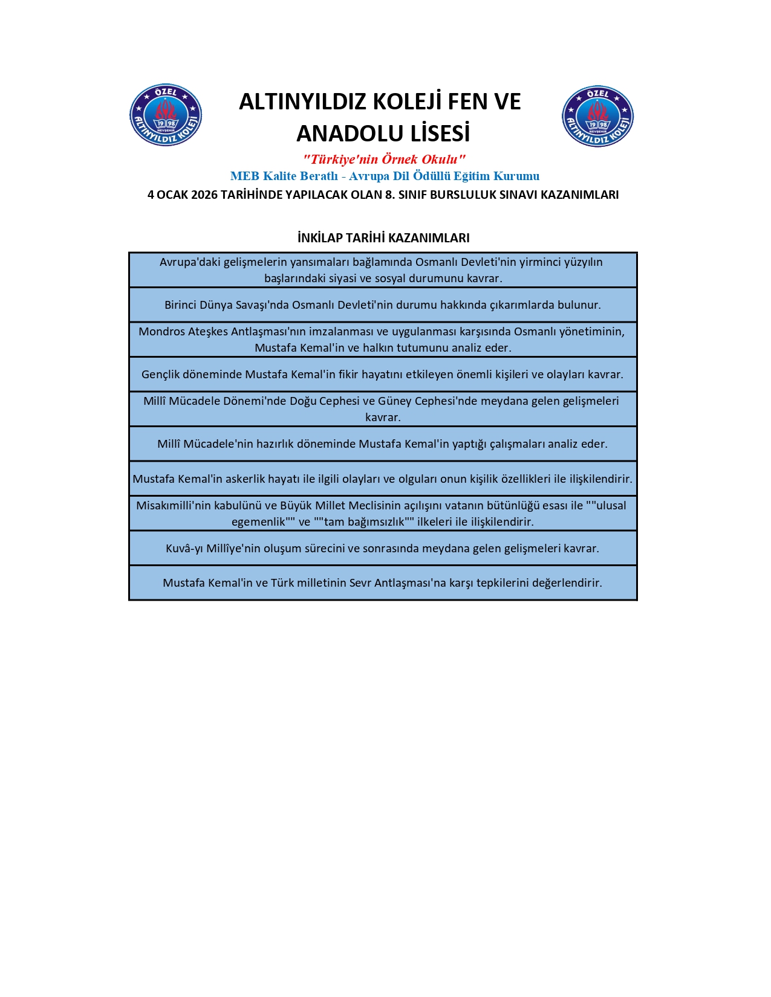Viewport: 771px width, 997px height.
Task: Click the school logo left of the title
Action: tap(166, 115)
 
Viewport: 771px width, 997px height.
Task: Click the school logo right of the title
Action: tap(597, 116)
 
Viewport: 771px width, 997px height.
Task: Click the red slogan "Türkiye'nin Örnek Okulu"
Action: tap(384, 160)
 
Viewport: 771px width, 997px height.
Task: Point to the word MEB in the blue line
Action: tap(244, 176)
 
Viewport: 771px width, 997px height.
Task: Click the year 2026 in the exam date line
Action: tap(204, 195)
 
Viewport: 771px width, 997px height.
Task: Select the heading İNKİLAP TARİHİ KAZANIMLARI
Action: tap(383, 238)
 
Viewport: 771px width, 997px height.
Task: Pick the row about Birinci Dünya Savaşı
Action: tap(383, 305)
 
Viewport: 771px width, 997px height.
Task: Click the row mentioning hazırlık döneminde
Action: tap(383, 444)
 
